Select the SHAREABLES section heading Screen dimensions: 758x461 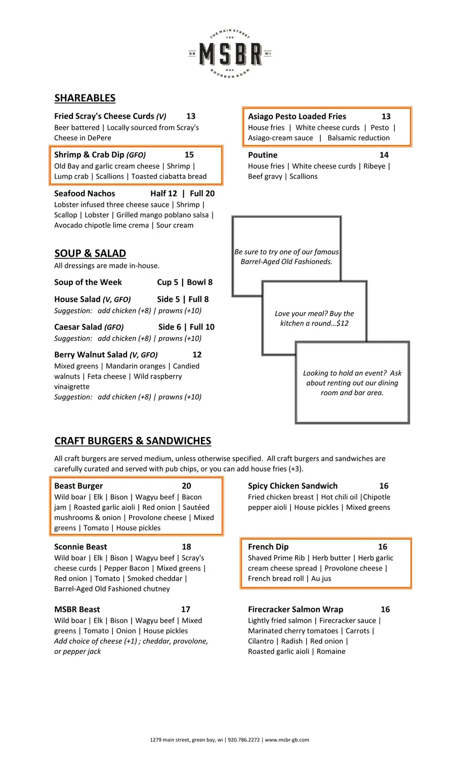tap(85, 98)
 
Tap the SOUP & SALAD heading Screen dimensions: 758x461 tap(90, 253)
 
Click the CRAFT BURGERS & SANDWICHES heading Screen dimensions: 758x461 tap(133, 441)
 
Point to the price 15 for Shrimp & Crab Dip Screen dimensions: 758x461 tap(189, 155)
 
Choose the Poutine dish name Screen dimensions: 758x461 tap(263, 155)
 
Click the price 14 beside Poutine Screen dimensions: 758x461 tap(384, 155)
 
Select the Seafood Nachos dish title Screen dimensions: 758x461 tap(85, 193)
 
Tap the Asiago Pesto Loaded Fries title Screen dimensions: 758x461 tap(297, 116)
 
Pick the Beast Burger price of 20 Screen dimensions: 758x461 tap(186, 486)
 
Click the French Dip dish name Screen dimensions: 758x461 tap(268, 546)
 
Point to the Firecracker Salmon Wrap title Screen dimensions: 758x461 tap(296, 609)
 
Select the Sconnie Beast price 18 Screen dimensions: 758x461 tap(186, 546)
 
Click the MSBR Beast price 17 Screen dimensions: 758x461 tap(186, 609)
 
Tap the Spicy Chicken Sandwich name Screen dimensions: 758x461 tap(292, 486)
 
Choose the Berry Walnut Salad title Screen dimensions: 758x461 tap(91, 354)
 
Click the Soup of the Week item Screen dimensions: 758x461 tap(88, 282)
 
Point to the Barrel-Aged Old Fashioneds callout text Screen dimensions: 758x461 tap(286, 257)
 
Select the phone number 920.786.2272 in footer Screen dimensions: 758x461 tap(244, 740)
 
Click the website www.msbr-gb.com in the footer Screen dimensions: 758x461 tap(287, 740)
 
